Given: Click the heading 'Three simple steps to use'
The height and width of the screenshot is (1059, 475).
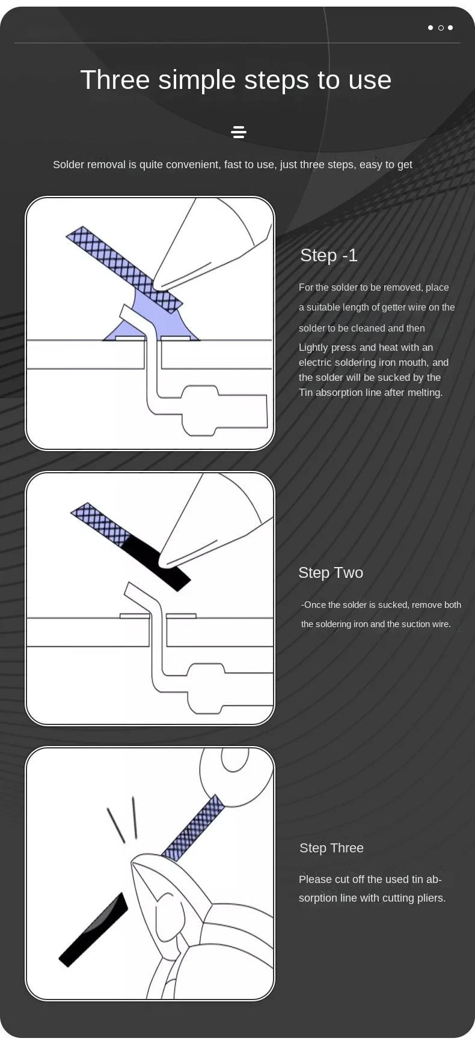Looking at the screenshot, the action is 236,80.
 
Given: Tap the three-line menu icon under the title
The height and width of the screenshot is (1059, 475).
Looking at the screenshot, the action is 239,132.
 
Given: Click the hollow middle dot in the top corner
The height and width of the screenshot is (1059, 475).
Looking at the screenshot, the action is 441,28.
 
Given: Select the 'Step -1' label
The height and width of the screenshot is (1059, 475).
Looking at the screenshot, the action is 329,255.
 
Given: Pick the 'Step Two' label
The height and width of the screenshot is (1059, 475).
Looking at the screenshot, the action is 331,572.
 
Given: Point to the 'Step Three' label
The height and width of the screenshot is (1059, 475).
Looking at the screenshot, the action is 331,848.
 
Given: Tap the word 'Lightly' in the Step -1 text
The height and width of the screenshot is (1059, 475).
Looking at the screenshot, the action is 313,348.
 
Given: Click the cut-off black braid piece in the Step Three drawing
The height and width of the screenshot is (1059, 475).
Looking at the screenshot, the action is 93,930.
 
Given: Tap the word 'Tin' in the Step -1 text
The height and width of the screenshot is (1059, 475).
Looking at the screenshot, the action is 306,393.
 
